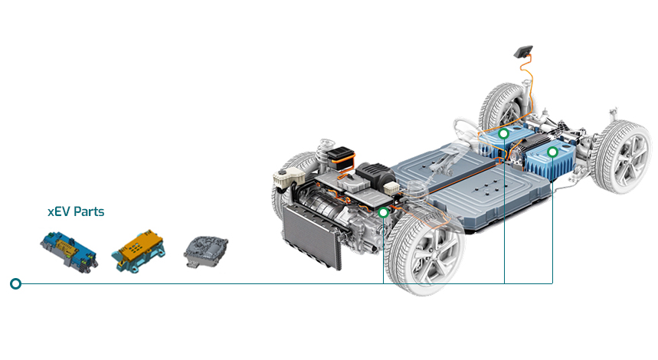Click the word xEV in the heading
[58, 211]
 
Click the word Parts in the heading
[88, 211]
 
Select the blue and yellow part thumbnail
[70, 250]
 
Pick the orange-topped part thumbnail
[138, 251]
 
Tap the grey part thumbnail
[205, 251]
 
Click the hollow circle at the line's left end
[15, 283]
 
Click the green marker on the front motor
[383, 213]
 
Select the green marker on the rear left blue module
[503, 134]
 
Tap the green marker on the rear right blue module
[552, 152]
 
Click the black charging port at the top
[523, 51]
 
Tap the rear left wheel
[502, 107]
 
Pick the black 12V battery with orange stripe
[341, 159]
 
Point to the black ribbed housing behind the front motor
[375, 174]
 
